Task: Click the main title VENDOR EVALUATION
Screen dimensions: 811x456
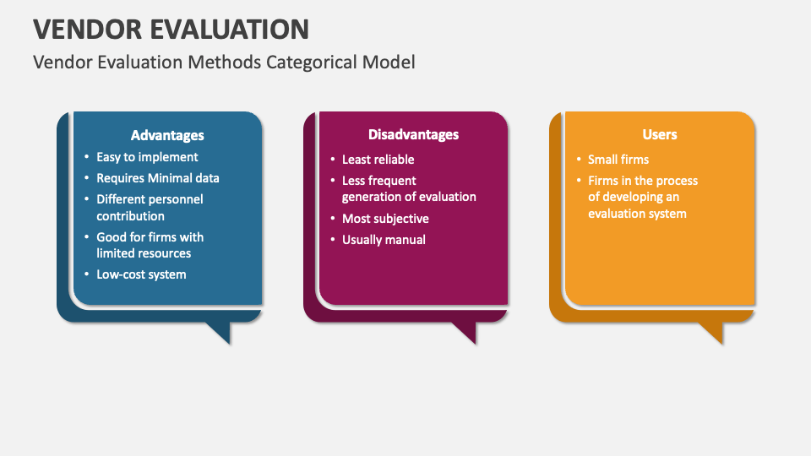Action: click(x=171, y=30)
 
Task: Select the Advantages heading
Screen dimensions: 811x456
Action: click(x=167, y=135)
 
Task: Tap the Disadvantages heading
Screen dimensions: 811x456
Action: click(x=413, y=134)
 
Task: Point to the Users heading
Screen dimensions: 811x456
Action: click(x=660, y=134)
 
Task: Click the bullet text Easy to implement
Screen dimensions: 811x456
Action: click(x=147, y=157)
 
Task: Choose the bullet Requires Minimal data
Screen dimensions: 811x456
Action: click(x=158, y=178)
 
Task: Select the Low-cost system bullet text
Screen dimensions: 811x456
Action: click(x=141, y=274)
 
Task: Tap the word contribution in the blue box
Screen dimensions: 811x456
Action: click(x=130, y=216)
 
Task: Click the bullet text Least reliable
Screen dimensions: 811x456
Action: click(x=378, y=160)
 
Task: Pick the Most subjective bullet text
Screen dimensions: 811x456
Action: click(x=385, y=219)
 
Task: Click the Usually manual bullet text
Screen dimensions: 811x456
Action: click(x=384, y=240)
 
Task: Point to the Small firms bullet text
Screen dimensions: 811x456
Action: click(x=618, y=160)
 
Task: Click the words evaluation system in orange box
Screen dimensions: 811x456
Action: click(x=637, y=214)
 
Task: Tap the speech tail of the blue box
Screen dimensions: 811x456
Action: click(x=220, y=332)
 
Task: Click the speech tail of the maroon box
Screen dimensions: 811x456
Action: click(x=466, y=332)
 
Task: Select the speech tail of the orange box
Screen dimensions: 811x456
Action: click(x=713, y=332)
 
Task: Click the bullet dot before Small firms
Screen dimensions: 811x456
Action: click(x=579, y=160)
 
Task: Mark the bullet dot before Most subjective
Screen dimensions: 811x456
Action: click(x=333, y=218)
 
